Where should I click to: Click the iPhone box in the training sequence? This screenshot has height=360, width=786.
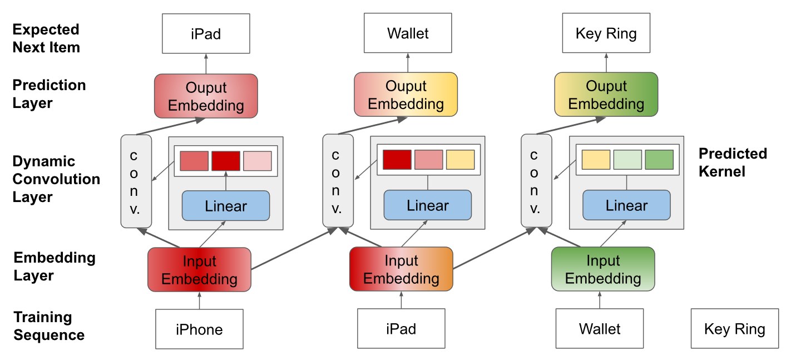pos(199,329)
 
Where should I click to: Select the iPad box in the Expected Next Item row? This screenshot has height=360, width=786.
pos(206,34)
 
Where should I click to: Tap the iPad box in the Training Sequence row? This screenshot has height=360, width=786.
pos(401,329)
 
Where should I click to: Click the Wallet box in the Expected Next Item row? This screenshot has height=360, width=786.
pos(408,33)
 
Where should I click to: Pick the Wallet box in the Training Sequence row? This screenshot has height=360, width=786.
pos(600,329)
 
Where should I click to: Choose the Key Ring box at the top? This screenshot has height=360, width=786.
pos(606,33)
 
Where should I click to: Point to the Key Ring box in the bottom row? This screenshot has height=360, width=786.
pos(735,329)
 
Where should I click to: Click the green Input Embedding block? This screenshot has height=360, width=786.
pos(603,269)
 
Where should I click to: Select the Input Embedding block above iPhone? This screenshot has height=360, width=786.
pos(199,269)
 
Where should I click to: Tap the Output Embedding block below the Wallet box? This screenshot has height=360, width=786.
pos(406,95)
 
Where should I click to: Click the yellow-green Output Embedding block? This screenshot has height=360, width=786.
pos(606,95)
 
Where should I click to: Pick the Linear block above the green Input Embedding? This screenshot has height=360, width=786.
pos(627,205)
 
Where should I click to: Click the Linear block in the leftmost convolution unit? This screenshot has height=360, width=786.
pos(226,206)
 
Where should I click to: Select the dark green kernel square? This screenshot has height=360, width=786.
pos(659,160)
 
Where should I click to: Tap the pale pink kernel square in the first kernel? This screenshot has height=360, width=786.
pos(258,161)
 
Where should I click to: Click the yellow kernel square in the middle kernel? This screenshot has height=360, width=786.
pos(461,160)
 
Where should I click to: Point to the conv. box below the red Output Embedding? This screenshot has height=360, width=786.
pos(136,181)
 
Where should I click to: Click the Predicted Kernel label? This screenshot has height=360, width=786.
pos(733,162)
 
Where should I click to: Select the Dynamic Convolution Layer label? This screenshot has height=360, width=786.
pos(56,179)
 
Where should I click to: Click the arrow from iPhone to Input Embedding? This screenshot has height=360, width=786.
pos(199,300)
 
